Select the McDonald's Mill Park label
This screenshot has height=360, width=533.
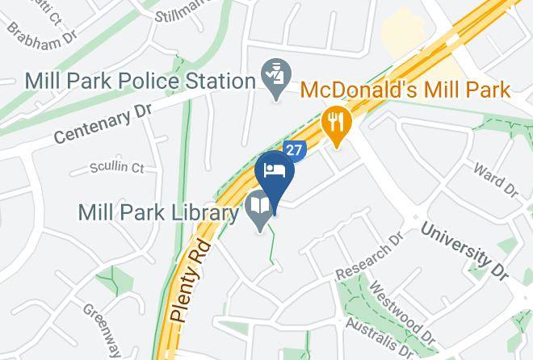tap(406, 89)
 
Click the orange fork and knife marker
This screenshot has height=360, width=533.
tap(334, 125)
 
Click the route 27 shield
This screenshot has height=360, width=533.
tap(294, 151)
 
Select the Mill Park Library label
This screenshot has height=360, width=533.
tap(158, 213)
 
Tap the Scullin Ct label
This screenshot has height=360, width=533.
tap(118, 169)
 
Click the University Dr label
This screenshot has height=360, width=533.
tap(465, 246)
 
